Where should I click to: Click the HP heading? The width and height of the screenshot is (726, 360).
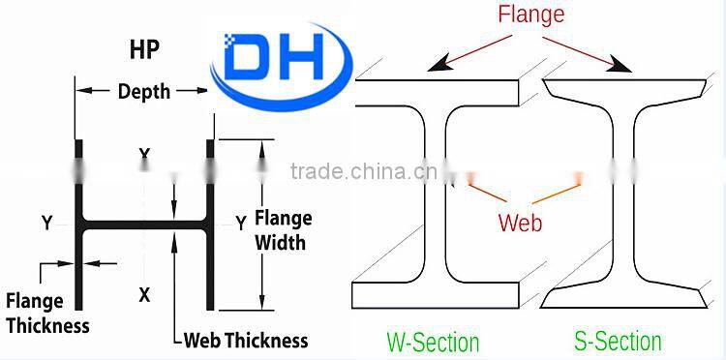[144, 49]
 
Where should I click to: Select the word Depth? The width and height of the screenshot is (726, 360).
[143, 92]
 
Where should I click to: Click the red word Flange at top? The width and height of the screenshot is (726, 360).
[530, 15]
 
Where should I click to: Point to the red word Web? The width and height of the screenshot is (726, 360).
[520, 223]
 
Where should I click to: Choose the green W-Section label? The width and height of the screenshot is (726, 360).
[433, 342]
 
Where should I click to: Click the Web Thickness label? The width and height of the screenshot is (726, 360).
[246, 340]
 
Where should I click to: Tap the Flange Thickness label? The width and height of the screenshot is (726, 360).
[47, 313]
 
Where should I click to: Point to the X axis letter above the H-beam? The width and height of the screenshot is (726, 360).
[144, 155]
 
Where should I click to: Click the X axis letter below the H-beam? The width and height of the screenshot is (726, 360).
[144, 295]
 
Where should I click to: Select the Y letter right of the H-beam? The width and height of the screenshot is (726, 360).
[240, 224]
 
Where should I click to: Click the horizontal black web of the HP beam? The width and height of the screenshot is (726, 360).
[144, 225]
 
